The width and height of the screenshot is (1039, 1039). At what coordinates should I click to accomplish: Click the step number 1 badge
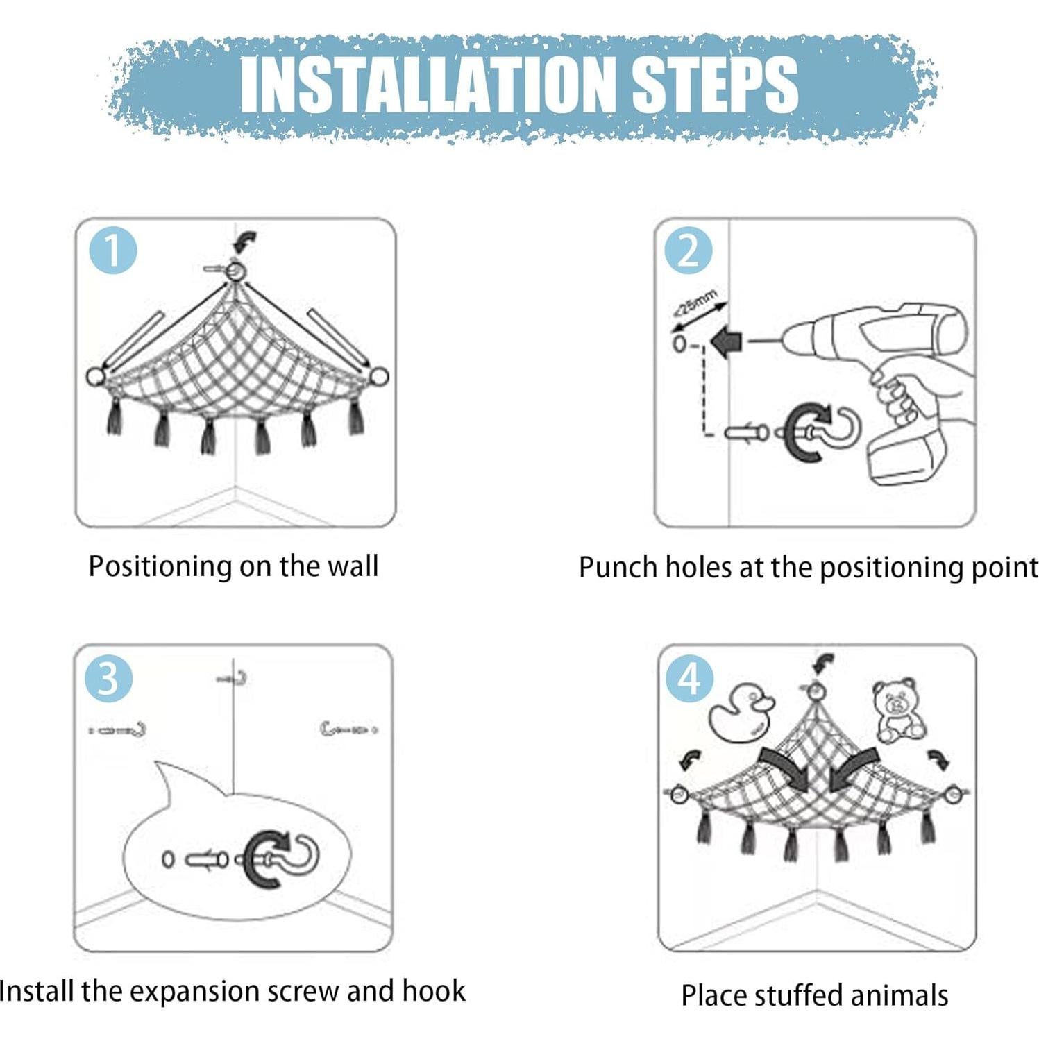[x=114, y=251]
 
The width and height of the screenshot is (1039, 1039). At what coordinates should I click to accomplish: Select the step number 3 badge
[x=108, y=678]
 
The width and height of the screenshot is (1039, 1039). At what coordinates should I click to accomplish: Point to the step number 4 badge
[x=689, y=678]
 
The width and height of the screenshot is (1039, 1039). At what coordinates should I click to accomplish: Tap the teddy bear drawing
[x=898, y=711]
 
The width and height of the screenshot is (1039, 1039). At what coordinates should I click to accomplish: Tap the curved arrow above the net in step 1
[x=246, y=242]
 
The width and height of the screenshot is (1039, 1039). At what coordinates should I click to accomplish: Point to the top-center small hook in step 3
[x=233, y=678]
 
